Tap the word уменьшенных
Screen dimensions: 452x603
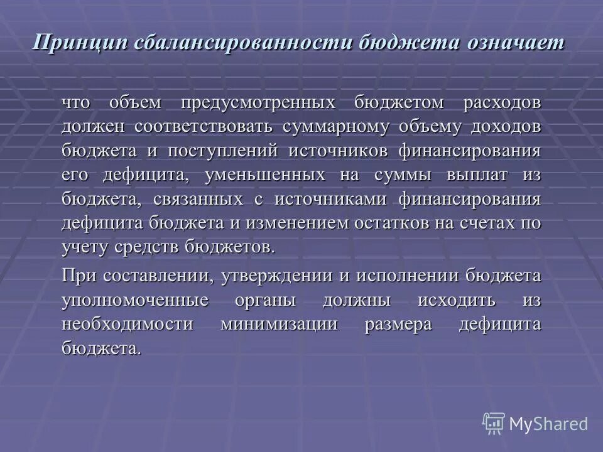264,175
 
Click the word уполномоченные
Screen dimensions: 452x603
134,300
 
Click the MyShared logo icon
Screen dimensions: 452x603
494,423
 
